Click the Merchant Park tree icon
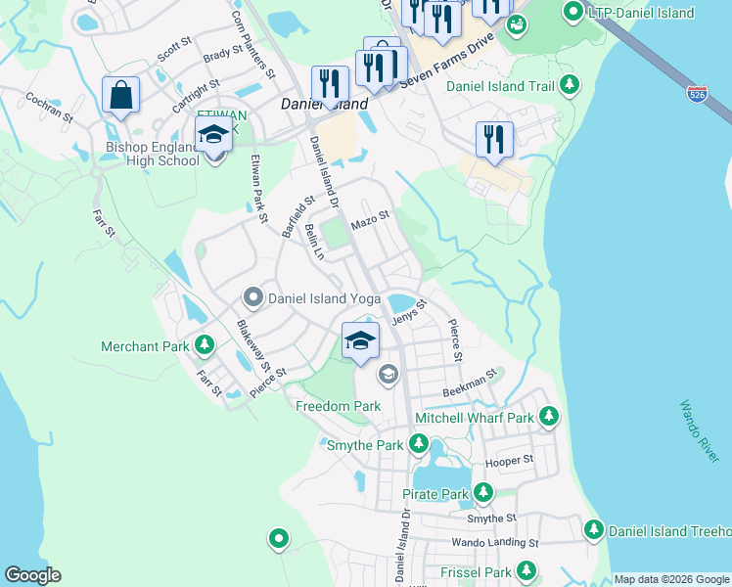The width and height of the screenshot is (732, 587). [205, 345]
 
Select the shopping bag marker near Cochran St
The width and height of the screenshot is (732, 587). [120, 96]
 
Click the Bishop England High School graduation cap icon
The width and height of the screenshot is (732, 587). [214, 135]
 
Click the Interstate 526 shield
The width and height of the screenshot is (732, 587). [697, 94]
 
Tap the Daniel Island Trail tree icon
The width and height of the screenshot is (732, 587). [570, 86]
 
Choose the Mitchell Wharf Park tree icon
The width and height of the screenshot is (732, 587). [549, 417]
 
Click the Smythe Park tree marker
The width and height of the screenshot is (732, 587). [418, 445]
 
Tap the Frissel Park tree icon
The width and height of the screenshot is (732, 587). [526, 570]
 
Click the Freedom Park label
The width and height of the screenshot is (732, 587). [338, 405]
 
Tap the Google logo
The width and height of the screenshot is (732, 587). [32, 574]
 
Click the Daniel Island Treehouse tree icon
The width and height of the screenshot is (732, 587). [593, 530]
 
